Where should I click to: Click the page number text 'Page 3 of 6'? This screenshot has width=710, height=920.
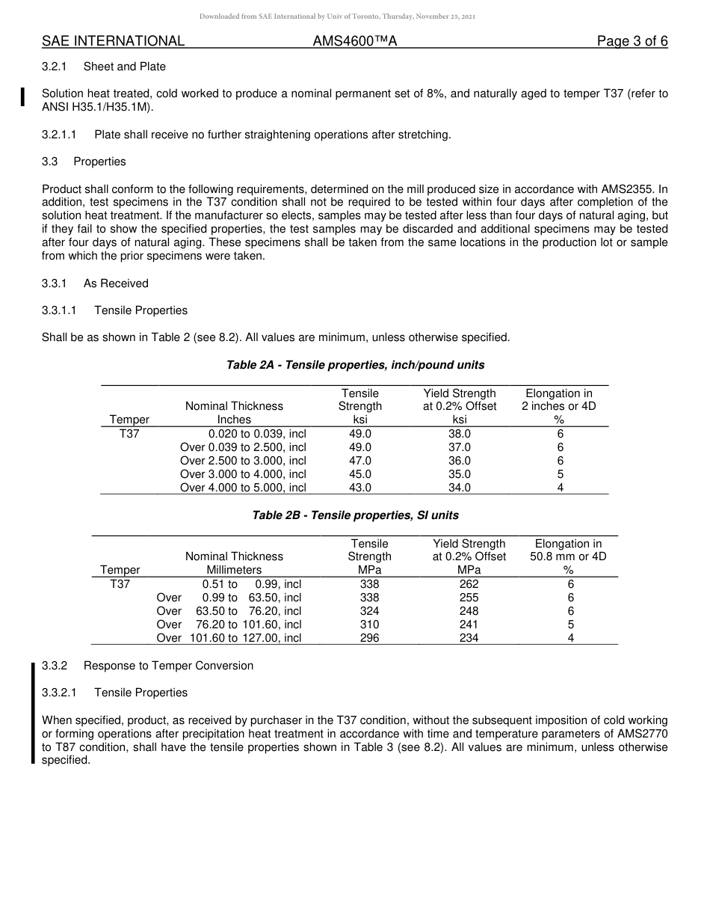[x=632, y=42]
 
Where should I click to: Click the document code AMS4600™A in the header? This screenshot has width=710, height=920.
[x=354, y=42]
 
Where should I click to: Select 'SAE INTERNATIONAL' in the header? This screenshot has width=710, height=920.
[x=113, y=42]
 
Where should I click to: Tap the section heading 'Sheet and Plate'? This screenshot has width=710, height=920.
[x=124, y=67]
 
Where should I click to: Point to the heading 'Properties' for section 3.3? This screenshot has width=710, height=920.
[x=99, y=162]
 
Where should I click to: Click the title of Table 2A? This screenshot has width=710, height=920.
[x=355, y=365]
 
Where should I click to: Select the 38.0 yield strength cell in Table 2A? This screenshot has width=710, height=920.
[x=459, y=434]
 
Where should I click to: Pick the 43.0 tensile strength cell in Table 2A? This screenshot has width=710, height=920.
[x=359, y=488]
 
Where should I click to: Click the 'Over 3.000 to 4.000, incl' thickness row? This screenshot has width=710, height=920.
[x=243, y=474]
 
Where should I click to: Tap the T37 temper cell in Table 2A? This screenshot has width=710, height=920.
[x=129, y=434]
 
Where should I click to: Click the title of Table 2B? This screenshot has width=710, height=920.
[x=355, y=515]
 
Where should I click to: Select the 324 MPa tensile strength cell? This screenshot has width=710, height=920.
[x=369, y=611]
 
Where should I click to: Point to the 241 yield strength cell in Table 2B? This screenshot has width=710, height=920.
[x=469, y=625]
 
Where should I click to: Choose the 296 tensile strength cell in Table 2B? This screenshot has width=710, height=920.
[x=369, y=638]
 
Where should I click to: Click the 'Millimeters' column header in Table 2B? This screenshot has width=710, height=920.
[x=234, y=570]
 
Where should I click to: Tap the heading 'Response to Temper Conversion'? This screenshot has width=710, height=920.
[x=168, y=666]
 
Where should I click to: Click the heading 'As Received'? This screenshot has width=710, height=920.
[x=116, y=283]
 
